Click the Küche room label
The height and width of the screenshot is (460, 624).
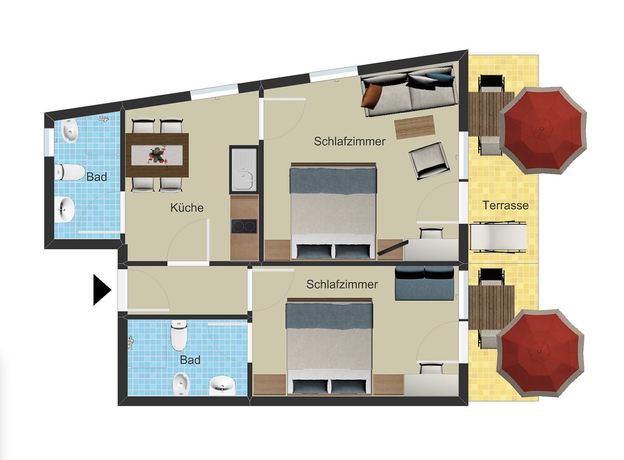point(187,208)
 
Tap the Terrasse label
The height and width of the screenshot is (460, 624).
point(505,205)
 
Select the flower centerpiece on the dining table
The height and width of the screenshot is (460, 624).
point(157,156)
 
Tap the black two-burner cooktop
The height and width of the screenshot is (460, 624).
point(244,226)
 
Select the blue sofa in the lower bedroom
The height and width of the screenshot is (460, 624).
point(424,283)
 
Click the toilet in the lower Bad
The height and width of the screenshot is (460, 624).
point(179,335)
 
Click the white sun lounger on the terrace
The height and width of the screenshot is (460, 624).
point(498,237)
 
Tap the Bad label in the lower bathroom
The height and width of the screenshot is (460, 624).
point(190,360)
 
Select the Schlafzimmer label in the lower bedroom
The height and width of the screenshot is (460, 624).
point(342,285)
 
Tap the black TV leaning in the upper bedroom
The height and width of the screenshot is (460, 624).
point(393,248)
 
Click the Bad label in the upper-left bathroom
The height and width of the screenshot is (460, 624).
point(97,177)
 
